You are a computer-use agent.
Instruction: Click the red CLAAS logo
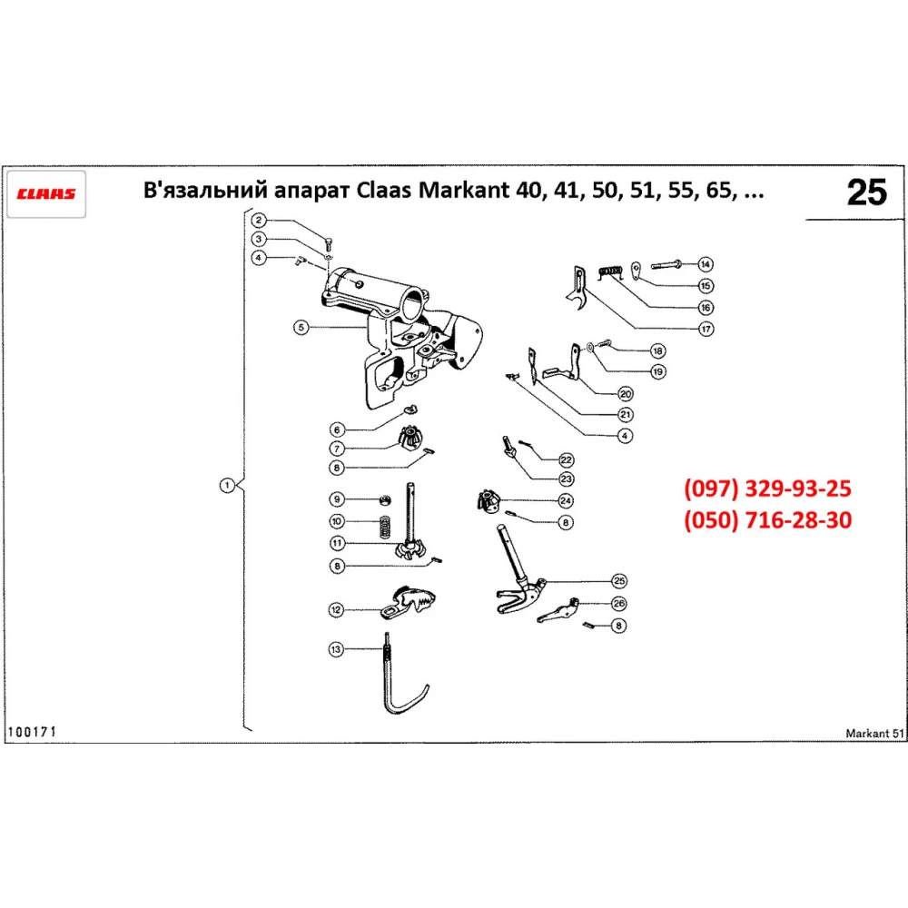coord(46,193)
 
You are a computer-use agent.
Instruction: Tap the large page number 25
coord(865,192)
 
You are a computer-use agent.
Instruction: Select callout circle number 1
coord(226,485)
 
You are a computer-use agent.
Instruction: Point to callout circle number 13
coord(336,649)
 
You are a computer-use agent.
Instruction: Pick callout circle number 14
coord(705,264)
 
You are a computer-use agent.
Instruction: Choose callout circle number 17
coord(705,329)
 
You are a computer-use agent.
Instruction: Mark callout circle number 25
coord(619,580)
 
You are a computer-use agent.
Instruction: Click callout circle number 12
coord(336,610)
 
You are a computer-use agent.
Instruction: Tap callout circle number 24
coord(565,500)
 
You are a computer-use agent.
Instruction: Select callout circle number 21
coord(626,414)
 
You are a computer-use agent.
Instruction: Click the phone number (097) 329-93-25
coord(767,489)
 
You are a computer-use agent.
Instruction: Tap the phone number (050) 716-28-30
coord(767,521)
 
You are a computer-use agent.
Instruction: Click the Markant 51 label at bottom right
coord(874,734)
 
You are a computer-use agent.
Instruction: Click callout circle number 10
coord(336,521)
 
